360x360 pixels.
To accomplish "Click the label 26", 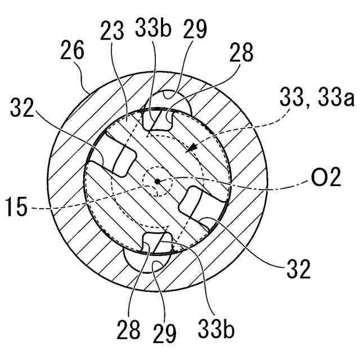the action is click(71, 52).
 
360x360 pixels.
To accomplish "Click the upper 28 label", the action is click(241, 55).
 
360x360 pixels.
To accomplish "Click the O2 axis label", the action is click(327, 179).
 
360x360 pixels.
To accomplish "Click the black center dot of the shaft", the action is click(159, 181).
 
